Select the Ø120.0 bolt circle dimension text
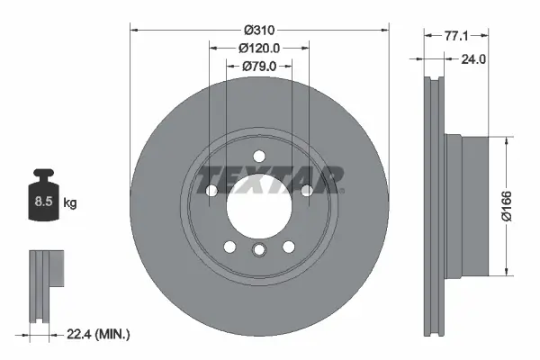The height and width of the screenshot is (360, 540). [x=259, y=48]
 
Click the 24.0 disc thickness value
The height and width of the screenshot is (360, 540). [x=473, y=60]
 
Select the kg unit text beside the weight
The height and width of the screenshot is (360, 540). [x=70, y=203]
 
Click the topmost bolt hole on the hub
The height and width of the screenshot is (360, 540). [x=259, y=156]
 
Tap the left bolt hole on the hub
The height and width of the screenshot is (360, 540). [x=211, y=191]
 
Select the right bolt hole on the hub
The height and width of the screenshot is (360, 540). [x=307, y=191]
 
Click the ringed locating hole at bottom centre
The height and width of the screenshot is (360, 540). [x=259, y=251]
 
